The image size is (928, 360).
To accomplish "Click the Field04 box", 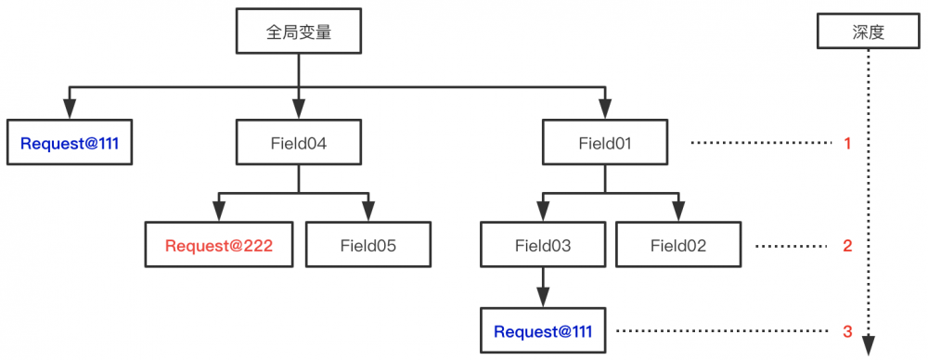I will (x=298, y=144).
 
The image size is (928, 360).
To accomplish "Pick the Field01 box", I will (x=604, y=144).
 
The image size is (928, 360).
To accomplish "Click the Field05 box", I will (x=368, y=246).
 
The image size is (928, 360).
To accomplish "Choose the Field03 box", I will (x=542, y=246).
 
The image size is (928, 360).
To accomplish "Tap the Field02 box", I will (x=678, y=246).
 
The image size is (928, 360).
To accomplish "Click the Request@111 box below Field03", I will (x=542, y=330).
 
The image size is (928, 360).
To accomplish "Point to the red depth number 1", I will (x=847, y=144).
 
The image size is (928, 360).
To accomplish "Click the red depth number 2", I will (x=847, y=247).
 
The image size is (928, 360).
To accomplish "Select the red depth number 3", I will (x=847, y=330).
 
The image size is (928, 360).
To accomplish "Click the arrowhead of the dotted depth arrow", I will (x=868, y=344).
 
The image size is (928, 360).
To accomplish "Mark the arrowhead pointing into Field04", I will (x=298, y=112).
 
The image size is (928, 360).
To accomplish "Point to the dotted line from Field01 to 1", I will (x=761, y=144).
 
